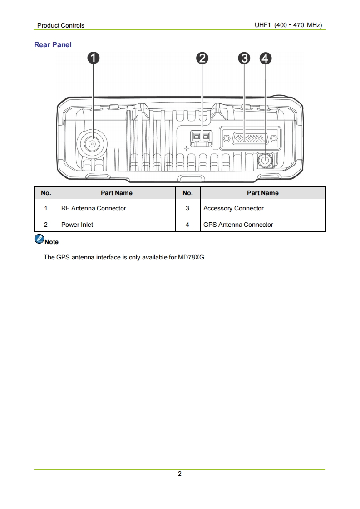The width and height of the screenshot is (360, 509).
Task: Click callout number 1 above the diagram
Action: pyautogui.click(x=93, y=58)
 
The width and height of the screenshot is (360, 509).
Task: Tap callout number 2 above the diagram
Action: pyautogui.click(x=202, y=58)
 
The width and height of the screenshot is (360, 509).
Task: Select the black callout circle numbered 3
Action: pyautogui.click(x=244, y=58)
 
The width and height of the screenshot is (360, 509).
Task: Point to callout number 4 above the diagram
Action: pyautogui.click(x=265, y=58)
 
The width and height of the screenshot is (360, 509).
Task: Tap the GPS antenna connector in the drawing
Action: pyautogui.click(x=265, y=160)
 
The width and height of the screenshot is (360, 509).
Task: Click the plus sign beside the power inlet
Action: pyautogui.click(x=186, y=148)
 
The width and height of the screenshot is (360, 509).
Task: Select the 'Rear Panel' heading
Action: pyautogui.click(x=53, y=45)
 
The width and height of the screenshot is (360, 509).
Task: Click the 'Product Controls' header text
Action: pyautogui.click(x=61, y=25)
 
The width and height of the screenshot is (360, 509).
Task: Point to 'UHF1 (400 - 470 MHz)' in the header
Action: pyautogui.click(x=288, y=25)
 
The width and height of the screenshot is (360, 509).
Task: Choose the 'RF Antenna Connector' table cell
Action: pyautogui.click(x=94, y=208)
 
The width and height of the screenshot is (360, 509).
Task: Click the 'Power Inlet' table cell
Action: pyautogui.click(x=77, y=225)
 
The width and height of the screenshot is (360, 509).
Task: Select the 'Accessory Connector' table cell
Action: pyautogui.click(x=233, y=208)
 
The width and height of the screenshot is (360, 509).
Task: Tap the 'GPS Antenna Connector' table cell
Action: pyautogui.click(x=238, y=225)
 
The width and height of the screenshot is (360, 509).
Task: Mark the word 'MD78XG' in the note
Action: pyautogui.click(x=192, y=257)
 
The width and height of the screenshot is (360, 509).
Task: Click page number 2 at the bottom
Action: pyautogui.click(x=180, y=474)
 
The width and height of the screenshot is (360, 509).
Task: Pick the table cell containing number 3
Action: pyautogui.click(x=187, y=208)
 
